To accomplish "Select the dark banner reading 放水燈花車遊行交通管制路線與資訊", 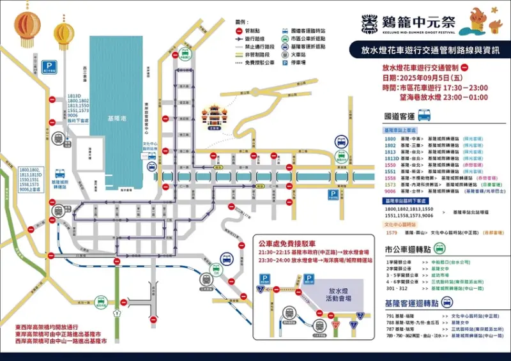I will [426, 49].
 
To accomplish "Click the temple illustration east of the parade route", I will [214, 116].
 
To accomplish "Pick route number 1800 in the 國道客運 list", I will [390, 139].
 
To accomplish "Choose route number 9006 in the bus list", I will [390, 191].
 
